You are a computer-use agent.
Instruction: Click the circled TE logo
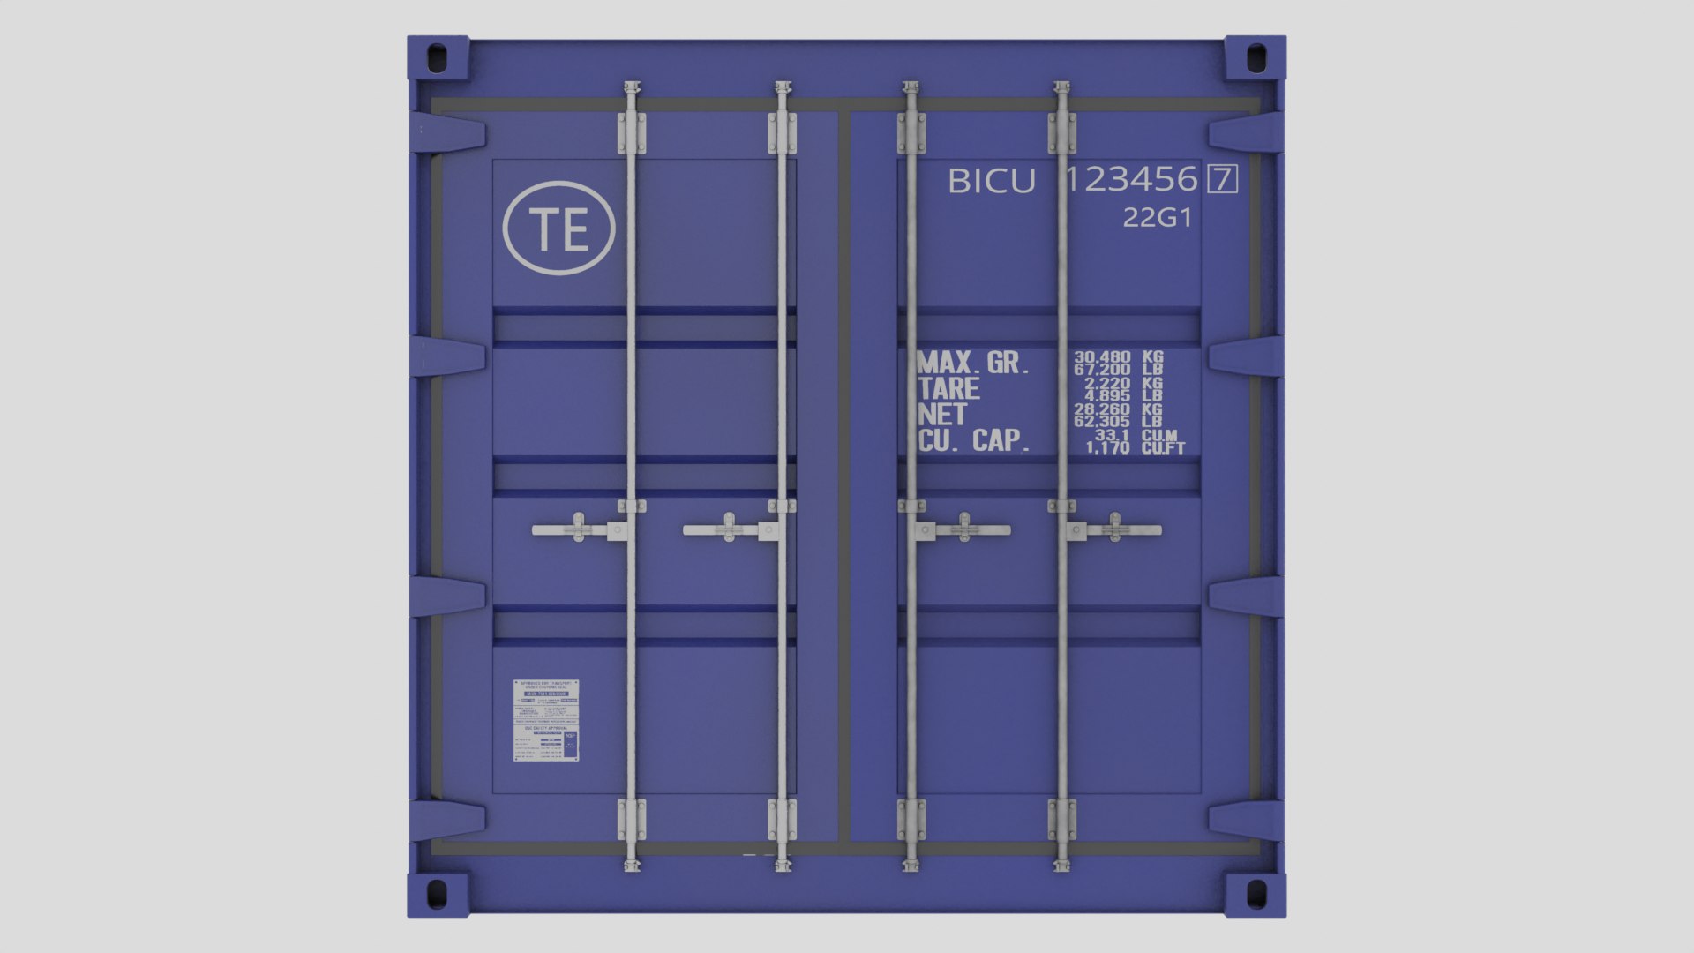point(558,228)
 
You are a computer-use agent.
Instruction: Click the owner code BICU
point(991,182)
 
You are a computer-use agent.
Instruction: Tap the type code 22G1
point(1157,218)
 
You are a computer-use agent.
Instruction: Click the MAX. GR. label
point(973,363)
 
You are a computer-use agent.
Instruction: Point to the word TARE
point(948,389)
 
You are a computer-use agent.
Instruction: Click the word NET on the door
point(942,415)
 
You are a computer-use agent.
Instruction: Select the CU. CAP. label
point(974,441)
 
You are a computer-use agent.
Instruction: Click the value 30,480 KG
point(1117,357)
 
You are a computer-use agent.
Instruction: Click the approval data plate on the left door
point(546,720)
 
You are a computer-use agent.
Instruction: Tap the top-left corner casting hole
point(437,59)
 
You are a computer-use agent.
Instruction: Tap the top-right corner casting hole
point(1255,59)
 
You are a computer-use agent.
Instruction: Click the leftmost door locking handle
point(573,530)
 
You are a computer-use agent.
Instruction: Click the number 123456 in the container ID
point(1131,180)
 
